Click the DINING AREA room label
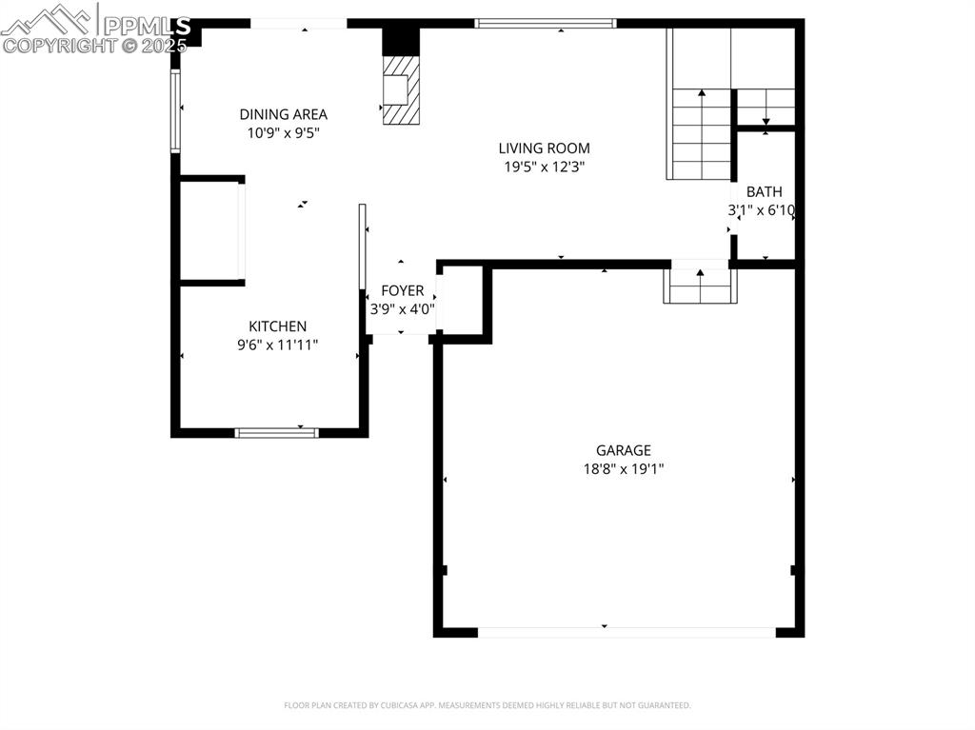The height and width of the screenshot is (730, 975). pos(283,114)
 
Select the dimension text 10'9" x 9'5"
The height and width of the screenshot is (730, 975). pos(283,133)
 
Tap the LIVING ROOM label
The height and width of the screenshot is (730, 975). pos(544,148)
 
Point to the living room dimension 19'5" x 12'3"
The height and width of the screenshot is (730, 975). pos(544,167)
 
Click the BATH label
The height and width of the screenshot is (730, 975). pos(764,191)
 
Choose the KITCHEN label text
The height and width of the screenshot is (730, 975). pos(277,326)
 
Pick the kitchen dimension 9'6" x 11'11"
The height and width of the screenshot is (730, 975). pos(277,345)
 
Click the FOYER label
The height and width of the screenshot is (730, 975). pos(402,290)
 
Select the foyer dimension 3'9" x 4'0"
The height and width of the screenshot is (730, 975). pos(402,308)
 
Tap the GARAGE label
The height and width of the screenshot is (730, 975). pos(624,450)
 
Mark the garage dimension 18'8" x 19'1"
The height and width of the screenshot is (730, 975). pos(624,468)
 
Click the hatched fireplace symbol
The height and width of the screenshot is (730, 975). pos(400,89)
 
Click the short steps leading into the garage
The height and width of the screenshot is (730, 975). pos(700,286)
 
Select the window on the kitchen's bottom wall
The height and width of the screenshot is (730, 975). pos(276,432)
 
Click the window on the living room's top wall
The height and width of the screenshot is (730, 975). pos(546,23)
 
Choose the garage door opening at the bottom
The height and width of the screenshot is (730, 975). pos(626,631)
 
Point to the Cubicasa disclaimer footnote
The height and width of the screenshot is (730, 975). pos(487,705)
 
